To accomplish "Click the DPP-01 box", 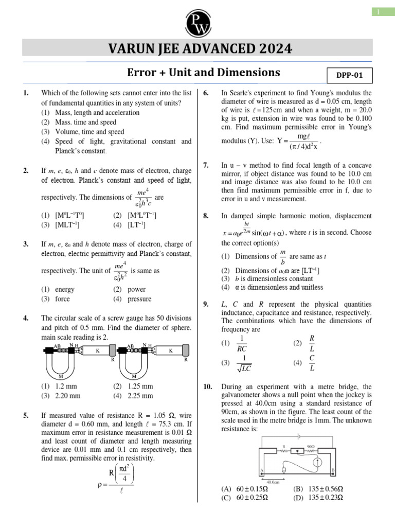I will coord(349,75).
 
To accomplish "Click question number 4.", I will coord(26,318).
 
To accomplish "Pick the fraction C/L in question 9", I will coord(312,363).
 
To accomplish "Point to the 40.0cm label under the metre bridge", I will coord(272,482).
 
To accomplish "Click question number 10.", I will coord(208,386).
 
